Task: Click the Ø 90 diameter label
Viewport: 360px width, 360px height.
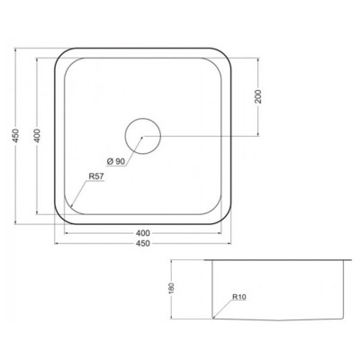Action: pyautogui.click(x=115, y=161)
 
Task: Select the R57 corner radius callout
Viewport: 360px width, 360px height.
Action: pyautogui.click(x=96, y=176)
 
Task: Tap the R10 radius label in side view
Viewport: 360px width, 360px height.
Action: pyautogui.click(x=239, y=297)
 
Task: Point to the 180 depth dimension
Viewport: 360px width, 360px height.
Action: pyautogui.click(x=172, y=289)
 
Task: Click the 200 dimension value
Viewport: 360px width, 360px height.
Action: pyautogui.click(x=258, y=96)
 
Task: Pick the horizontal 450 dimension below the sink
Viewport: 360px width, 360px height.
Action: pyautogui.click(x=143, y=243)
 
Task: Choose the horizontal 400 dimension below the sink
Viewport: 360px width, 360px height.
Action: pyautogui.click(x=143, y=233)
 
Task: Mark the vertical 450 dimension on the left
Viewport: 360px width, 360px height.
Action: pyautogui.click(x=16, y=136)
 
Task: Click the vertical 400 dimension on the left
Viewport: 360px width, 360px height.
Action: pyautogui.click(x=37, y=136)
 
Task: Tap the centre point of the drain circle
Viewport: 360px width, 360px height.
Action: pyautogui.click(x=142, y=137)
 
